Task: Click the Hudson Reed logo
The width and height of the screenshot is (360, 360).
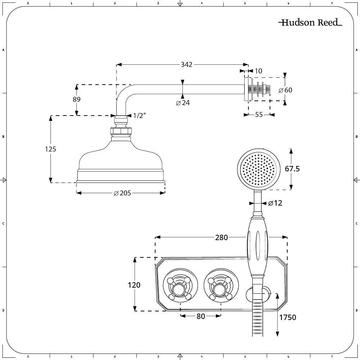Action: [x=310, y=23]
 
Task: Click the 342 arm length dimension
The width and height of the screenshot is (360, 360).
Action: [x=186, y=65]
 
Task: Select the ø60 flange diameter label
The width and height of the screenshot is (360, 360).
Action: [x=285, y=90]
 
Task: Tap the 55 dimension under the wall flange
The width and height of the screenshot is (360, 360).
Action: [x=259, y=114]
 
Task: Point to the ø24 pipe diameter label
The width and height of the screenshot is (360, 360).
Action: [x=183, y=103]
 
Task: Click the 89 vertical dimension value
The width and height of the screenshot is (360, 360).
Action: [x=76, y=99]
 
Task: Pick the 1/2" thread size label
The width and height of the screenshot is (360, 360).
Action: [x=139, y=116]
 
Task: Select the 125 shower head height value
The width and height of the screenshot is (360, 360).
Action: [x=51, y=149]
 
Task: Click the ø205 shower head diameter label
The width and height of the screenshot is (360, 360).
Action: [x=122, y=193]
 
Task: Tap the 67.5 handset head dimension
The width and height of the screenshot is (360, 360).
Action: [x=292, y=169]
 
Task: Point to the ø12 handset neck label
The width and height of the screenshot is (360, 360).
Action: [x=275, y=203]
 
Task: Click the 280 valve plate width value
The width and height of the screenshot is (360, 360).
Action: [x=221, y=237]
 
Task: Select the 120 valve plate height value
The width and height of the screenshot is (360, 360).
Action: [x=134, y=285]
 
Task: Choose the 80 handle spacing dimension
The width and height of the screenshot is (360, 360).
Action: [x=201, y=316]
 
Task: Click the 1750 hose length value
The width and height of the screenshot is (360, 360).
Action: [x=287, y=317]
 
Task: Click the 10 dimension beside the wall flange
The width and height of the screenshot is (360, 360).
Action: [x=258, y=71]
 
